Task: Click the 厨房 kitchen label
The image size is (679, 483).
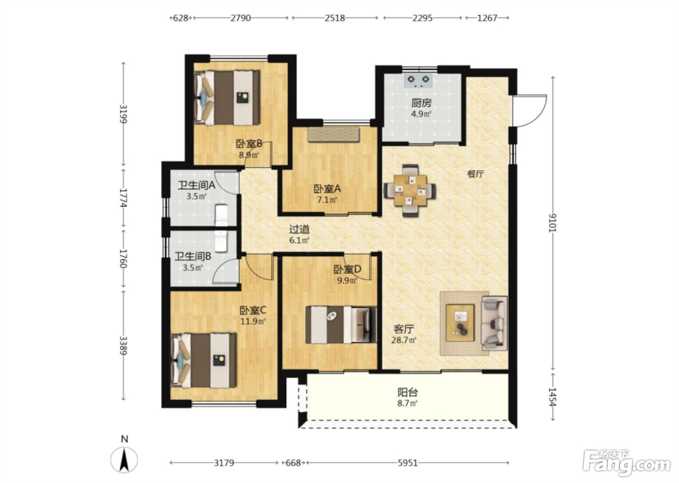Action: coord(421,103)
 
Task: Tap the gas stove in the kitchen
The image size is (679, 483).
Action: coord(418,80)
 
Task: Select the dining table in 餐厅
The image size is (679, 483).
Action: coord(410,191)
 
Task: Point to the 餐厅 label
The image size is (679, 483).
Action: coord(476,174)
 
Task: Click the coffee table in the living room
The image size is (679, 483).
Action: coord(460,323)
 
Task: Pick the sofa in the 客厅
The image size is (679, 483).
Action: coord(494,323)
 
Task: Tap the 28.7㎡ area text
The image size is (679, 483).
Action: coord(404,340)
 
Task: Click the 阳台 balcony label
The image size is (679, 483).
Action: coord(408,392)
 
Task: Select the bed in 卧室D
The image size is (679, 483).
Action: coord(341,324)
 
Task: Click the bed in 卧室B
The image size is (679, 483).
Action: coord(227,98)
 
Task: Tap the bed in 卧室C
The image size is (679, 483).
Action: coord(203,361)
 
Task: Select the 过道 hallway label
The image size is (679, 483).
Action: coord(299,230)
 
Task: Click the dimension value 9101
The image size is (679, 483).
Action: coord(553,223)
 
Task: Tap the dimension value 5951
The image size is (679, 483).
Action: coord(408,463)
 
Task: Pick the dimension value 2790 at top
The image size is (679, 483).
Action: coord(241,18)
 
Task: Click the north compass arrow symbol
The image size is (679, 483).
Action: coord(124,460)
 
